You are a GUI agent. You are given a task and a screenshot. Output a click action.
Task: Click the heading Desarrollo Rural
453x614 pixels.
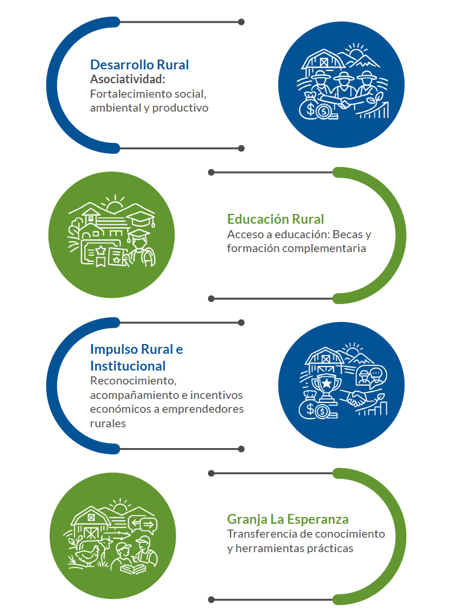[139, 65]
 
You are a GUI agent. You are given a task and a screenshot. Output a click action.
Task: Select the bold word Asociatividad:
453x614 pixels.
[128, 79]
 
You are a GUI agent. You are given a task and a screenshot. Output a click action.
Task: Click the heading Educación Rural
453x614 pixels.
[275, 219]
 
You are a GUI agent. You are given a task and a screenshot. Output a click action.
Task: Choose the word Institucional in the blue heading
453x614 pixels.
[128, 366]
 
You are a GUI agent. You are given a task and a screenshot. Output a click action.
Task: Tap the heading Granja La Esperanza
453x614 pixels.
[288, 518]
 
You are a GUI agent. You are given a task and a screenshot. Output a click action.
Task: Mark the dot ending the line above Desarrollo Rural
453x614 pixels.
[241, 22]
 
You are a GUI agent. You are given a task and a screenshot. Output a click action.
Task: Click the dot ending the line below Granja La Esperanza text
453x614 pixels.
[211, 600]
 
